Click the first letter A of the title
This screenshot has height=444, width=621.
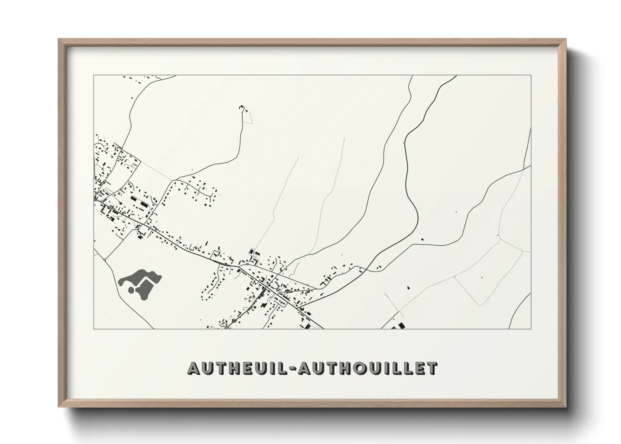[194, 368]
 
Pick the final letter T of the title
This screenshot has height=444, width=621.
[432, 368]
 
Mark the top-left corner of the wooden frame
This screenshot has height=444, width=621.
[58, 39]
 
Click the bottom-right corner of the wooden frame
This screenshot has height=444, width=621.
[566, 407]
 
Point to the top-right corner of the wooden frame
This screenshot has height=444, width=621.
[566, 39]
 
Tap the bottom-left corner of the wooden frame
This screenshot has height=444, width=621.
[58, 407]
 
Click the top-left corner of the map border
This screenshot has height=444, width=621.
[94, 76]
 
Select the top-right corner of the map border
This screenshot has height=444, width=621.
[531, 76]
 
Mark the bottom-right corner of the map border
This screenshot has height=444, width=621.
[531, 329]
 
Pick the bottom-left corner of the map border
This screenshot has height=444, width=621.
[94, 329]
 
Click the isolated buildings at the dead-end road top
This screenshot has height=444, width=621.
[243, 108]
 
